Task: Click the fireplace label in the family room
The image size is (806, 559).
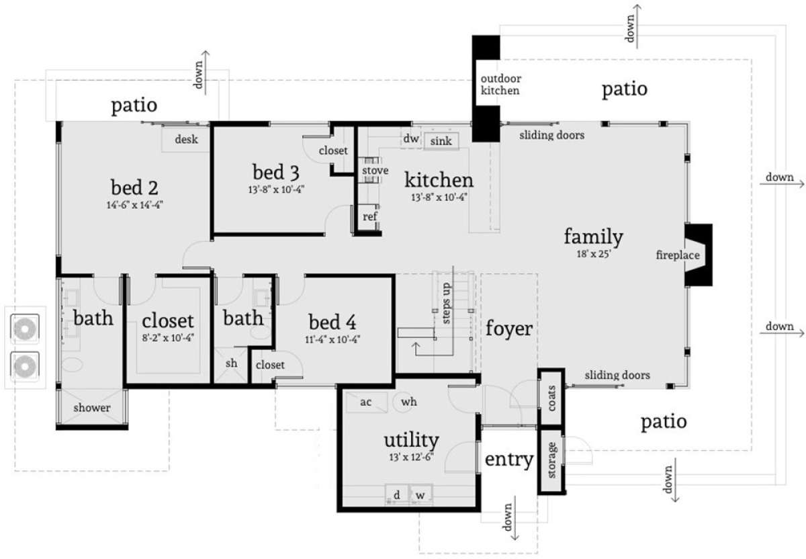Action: coord(678,255)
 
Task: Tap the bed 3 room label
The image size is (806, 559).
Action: coord(275,172)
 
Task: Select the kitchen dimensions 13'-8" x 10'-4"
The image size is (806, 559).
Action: coord(439,198)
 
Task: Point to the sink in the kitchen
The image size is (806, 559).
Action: coord(441,140)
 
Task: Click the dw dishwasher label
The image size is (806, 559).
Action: coord(411,138)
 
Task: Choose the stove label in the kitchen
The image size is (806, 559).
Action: coord(375,170)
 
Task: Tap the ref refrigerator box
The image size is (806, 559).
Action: coord(369,217)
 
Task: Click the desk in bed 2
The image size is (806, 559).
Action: coord(185,139)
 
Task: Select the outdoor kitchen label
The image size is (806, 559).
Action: coord(501,85)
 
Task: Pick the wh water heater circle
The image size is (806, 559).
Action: coord(409,401)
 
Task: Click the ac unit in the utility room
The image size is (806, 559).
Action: coord(367,402)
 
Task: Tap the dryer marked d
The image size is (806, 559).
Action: coord(396,495)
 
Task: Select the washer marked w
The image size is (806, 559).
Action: coord(420,495)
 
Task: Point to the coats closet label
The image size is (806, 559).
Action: coord(551,398)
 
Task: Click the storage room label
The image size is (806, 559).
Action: coord(551,460)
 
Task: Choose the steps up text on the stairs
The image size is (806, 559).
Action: coord(446,303)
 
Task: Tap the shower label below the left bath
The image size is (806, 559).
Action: coord(92,408)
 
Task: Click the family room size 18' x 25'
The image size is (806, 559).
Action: coord(594,254)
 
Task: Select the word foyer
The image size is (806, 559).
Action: coord(509,329)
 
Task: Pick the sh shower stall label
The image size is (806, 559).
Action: coord(231,363)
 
